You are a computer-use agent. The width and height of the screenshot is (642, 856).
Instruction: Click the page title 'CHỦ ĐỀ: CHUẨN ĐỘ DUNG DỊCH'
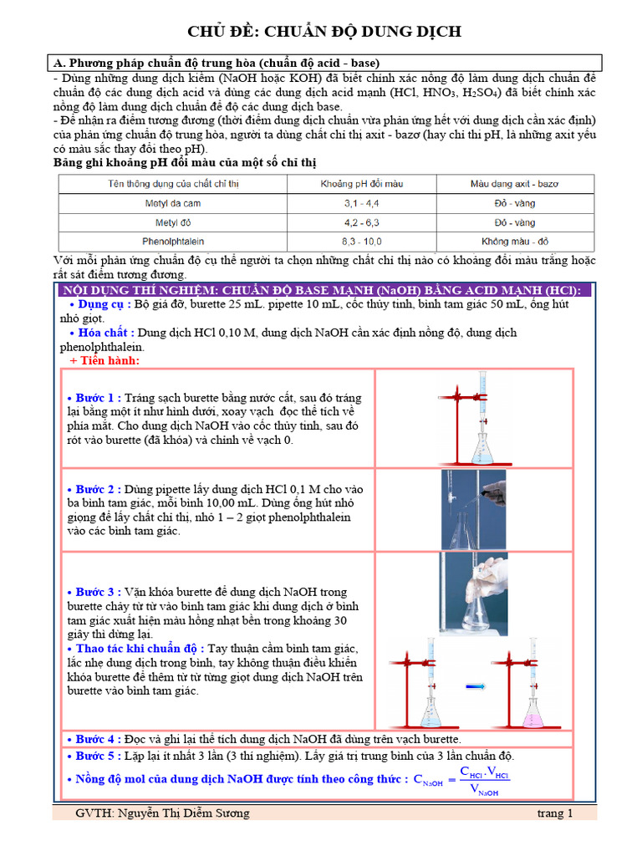[x=324, y=32]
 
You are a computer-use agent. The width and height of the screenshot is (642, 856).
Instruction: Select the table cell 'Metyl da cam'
[x=172, y=204]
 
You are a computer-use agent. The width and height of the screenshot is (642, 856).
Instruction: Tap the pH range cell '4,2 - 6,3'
[x=361, y=222]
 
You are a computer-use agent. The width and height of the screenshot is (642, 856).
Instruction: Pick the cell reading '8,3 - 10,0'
[x=361, y=242]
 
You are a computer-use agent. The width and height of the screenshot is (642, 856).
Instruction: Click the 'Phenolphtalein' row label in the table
[x=172, y=242]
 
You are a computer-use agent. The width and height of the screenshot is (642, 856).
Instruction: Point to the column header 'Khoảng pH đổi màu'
[x=361, y=184]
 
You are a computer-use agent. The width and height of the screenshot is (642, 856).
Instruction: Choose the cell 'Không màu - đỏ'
[x=515, y=242]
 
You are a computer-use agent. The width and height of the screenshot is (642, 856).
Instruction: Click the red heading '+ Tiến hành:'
[x=104, y=361]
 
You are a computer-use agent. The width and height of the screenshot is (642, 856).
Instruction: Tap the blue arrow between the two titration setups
[x=475, y=686]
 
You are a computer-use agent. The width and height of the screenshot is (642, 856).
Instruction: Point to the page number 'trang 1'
[x=555, y=813]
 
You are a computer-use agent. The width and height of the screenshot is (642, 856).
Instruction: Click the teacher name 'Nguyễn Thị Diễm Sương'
[x=183, y=813]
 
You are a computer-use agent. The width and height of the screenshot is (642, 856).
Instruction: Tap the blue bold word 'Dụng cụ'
[x=101, y=304]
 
